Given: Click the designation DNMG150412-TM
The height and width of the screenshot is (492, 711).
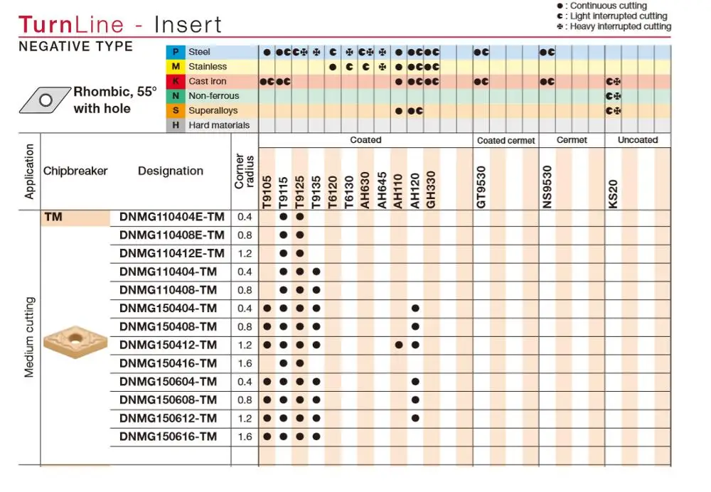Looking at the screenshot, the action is [x=168, y=345].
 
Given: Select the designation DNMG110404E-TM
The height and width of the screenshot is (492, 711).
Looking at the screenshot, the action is [x=172, y=217].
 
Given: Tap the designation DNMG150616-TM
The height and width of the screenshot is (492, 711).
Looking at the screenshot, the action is [x=168, y=437].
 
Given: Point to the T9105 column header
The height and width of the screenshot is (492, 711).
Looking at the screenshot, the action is [x=267, y=192].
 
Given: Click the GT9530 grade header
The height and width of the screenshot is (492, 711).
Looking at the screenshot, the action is [x=481, y=187].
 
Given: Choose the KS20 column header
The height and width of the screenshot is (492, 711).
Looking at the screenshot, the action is [x=613, y=194].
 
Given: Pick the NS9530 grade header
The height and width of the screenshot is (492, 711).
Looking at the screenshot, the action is [x=547, y=187].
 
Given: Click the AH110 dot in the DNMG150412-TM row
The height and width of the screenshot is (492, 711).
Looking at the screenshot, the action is [x=399, y=345].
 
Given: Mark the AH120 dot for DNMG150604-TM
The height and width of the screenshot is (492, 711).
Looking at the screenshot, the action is [x=415, y=382].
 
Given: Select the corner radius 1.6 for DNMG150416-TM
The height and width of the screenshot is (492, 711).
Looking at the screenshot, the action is [x=245, y=364].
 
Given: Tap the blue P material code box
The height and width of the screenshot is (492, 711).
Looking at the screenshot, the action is [x=176, y=52].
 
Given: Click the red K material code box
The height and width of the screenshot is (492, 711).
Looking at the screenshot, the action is [x=176, y=81].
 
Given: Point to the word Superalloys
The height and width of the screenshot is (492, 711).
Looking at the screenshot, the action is [x=213, y=111].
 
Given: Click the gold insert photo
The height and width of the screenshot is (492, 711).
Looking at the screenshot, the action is [x=75, y=341].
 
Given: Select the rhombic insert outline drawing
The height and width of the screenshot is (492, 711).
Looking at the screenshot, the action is [x=45, y=100].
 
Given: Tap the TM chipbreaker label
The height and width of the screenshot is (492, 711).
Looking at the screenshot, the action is [x=53, y=217].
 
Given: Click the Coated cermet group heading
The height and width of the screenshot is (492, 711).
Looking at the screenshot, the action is [x=506, y=141].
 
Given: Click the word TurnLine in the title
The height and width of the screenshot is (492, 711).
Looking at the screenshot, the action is [x=71, y=24].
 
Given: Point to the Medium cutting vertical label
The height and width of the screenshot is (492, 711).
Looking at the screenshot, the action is [x=29, y=337].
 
